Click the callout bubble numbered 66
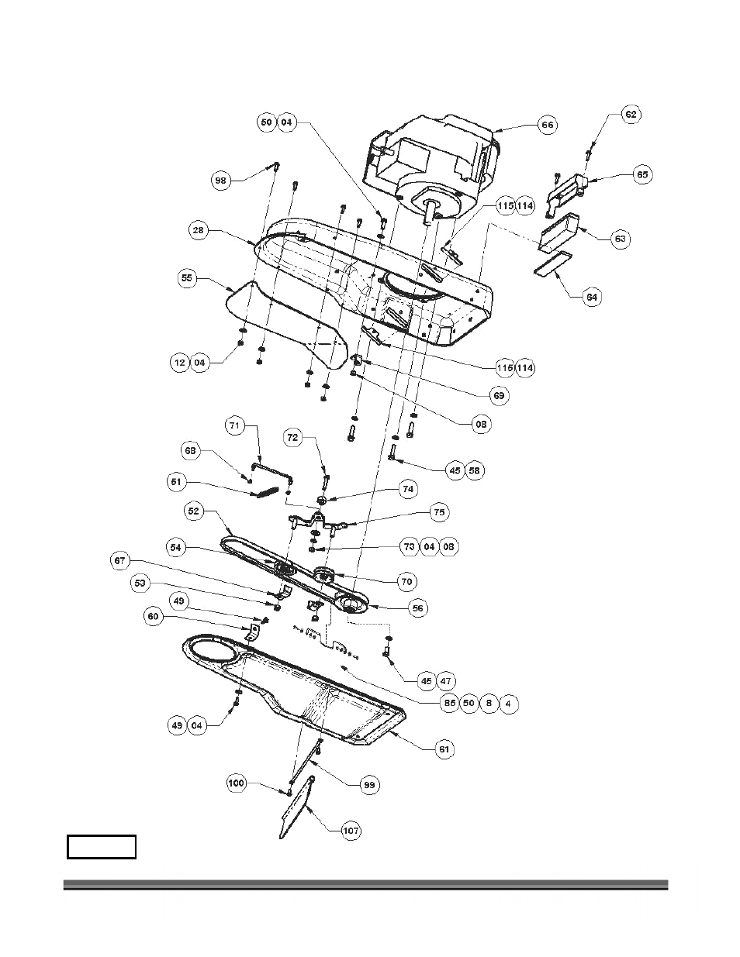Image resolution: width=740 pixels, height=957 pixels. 548,124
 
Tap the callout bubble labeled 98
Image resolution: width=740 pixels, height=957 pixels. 221,180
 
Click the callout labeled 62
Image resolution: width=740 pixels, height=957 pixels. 631,114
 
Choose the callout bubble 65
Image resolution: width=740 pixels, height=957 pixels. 642,175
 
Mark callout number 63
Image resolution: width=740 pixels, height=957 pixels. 621,238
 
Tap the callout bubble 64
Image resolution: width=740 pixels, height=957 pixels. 592,296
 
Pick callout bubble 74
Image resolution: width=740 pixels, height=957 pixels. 408,489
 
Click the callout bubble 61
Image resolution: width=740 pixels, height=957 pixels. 444,749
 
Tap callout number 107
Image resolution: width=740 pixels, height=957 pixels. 351,831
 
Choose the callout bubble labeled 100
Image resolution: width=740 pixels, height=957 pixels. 237,783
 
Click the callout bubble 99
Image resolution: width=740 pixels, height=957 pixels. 371,785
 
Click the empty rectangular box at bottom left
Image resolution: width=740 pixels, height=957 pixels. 102,846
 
